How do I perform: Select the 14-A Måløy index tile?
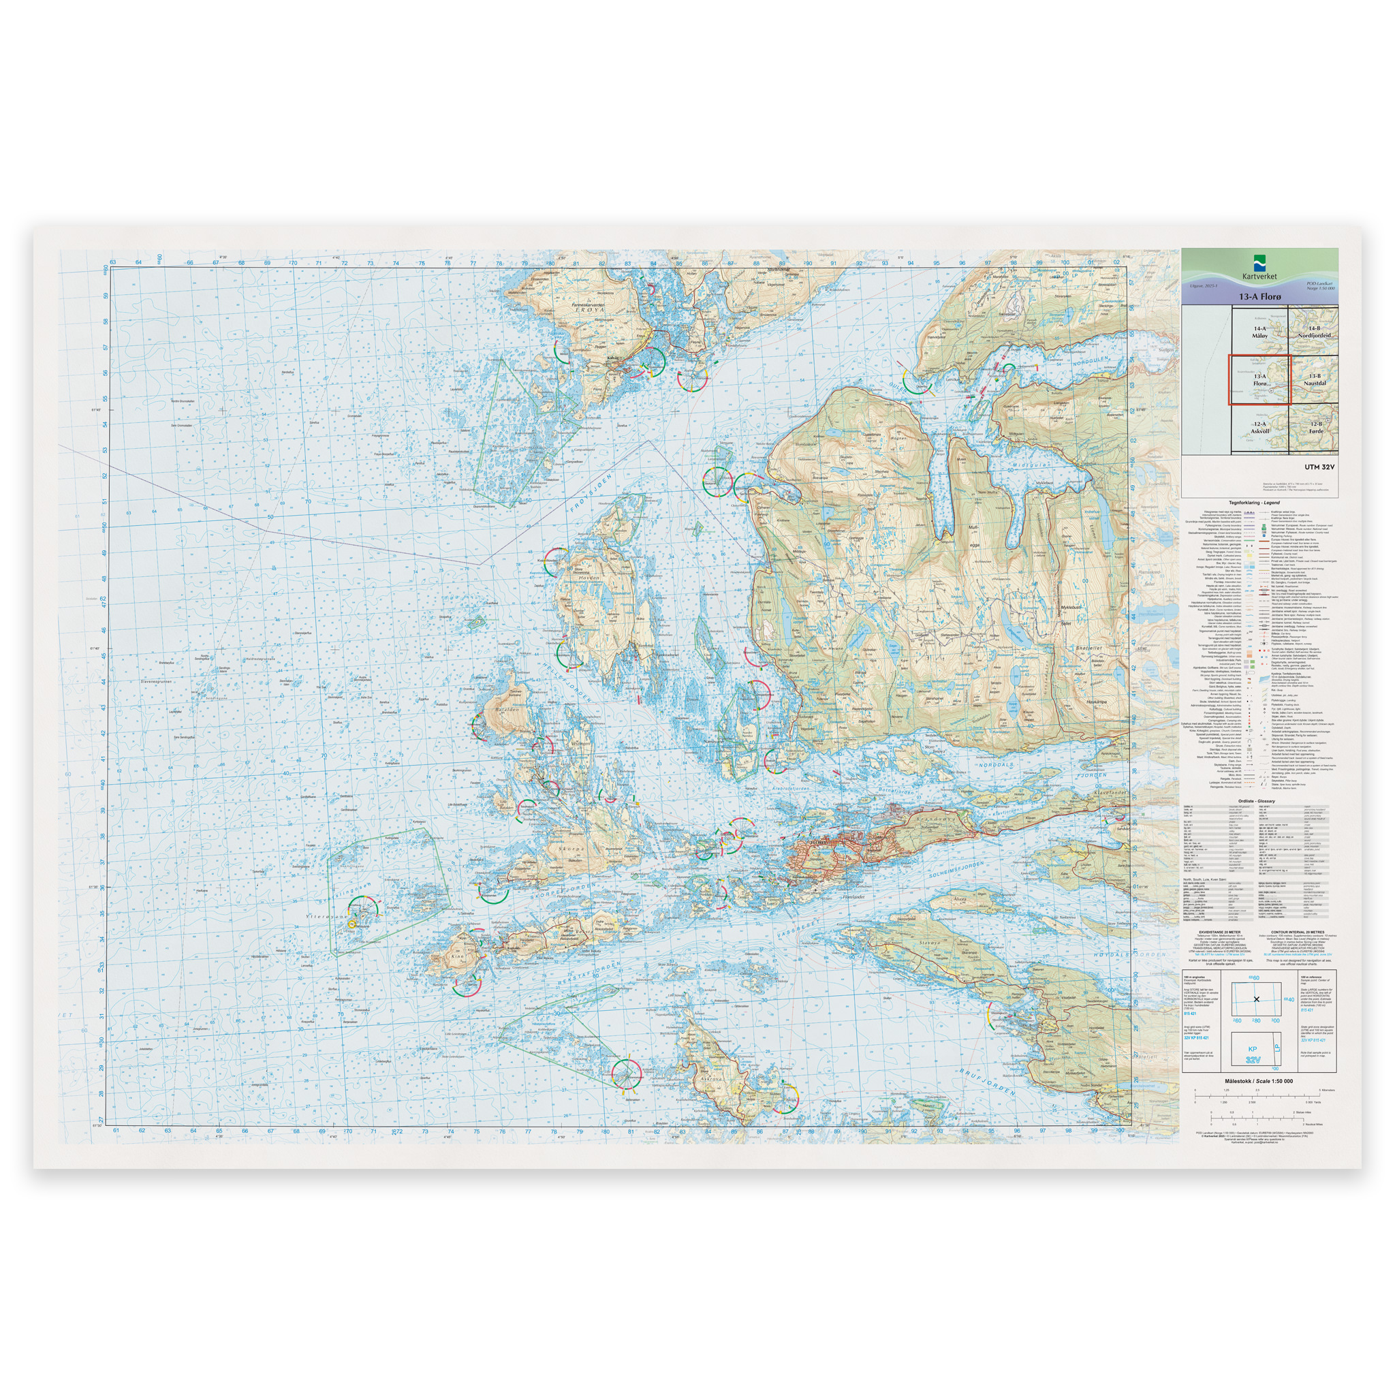(x=1260, y=333)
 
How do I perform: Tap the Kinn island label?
(x=456, y=958)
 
